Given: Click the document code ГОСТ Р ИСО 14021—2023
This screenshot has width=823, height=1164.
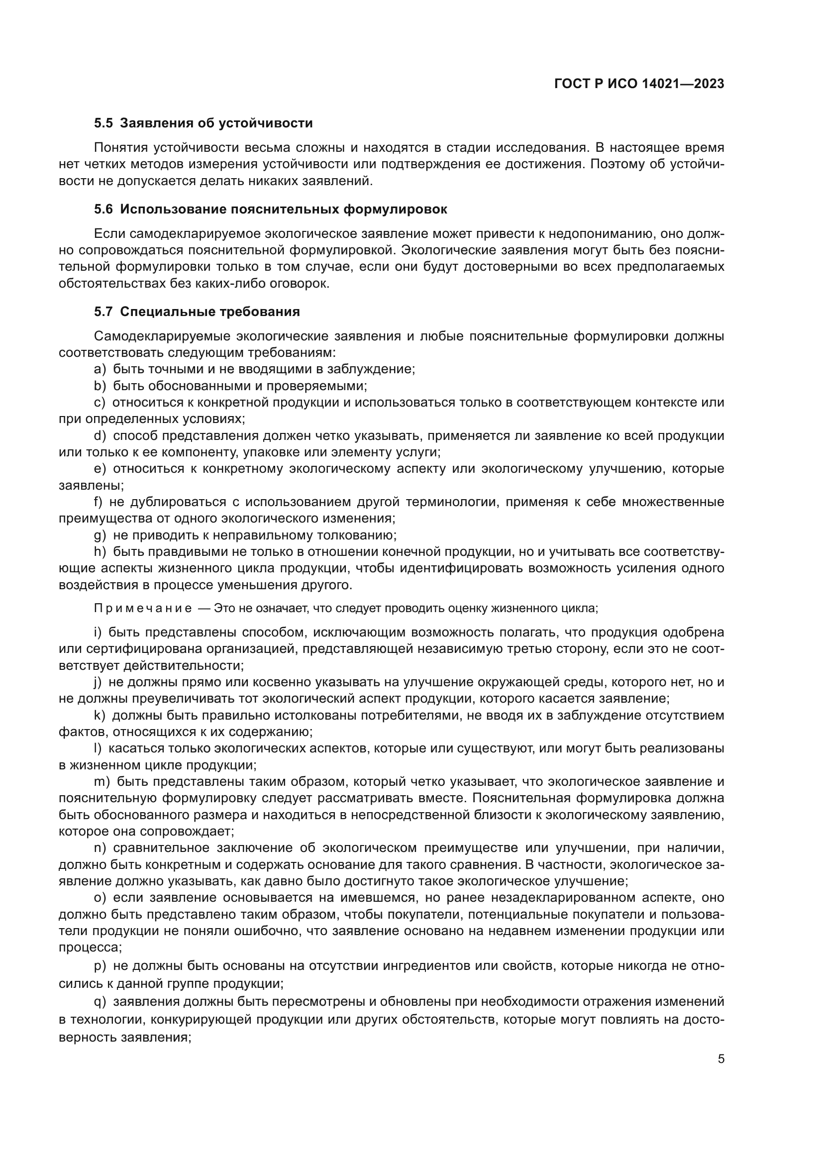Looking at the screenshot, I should click(x=639, y=84).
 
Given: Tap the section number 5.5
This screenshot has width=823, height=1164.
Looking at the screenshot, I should click(x=103, y=123).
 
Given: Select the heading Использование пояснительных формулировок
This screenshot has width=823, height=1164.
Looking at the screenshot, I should click(x=284, y=210).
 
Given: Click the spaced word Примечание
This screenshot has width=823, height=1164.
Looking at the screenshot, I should click(x=143, y=608).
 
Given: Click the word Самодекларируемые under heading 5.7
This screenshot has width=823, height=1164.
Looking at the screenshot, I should click(x=162, y=336).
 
